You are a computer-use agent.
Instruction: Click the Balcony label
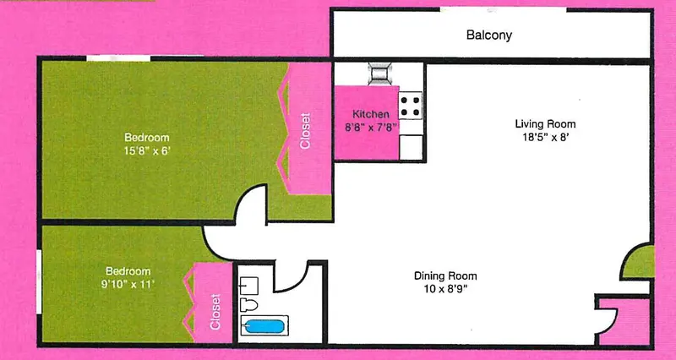(489, 35)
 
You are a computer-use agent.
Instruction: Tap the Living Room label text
(545, 124)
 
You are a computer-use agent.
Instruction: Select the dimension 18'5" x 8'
(545, 139)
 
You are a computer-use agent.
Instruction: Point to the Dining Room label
(445, 275)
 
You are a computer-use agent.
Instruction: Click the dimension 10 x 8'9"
(446, 288)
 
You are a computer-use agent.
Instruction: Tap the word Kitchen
(371, 114)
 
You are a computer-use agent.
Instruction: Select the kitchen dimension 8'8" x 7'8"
(371, 128)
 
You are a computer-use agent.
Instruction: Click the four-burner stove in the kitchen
(410, 106)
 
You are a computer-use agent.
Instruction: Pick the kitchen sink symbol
(379, 73)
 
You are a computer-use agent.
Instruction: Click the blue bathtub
(264, 325)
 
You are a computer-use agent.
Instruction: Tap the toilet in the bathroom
(248, 304)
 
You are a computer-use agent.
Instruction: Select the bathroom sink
(248, 286)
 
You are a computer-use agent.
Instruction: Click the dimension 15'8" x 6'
(147, 151)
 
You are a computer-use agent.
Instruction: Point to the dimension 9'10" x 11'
(128, 285)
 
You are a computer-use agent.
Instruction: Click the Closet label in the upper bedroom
(305, 131)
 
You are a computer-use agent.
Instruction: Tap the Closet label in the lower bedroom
(215, 312)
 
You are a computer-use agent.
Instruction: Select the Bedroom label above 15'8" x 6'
(146, 138)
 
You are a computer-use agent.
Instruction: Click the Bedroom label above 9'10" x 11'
(128, 271)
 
